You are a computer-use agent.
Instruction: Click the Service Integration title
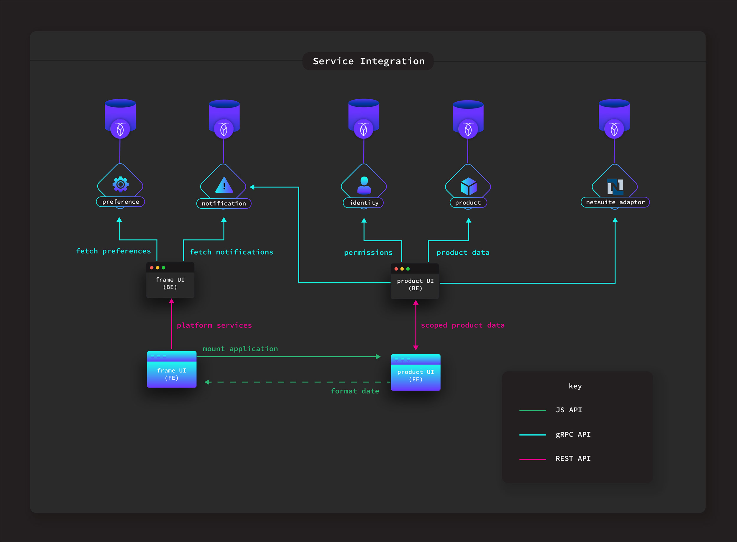368,61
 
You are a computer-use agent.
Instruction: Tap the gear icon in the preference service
121,184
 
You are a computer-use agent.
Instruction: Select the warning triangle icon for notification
224,185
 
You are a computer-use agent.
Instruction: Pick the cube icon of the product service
468,186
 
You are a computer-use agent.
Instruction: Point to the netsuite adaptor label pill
615,202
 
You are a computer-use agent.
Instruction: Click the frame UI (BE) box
170,281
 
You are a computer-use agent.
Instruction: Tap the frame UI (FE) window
172,370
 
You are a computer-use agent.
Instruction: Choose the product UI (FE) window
416,373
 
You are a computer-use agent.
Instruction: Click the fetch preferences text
113,251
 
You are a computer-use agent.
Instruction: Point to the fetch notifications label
231,252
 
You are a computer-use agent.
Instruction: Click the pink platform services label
214,325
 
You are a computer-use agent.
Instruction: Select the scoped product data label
462,325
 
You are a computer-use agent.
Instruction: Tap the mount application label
240,349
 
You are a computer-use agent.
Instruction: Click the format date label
355,391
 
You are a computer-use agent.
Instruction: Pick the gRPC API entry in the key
573,434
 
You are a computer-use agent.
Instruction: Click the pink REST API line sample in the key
533,459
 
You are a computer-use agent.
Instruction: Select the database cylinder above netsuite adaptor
614,115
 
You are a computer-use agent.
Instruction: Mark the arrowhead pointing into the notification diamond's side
252,187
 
